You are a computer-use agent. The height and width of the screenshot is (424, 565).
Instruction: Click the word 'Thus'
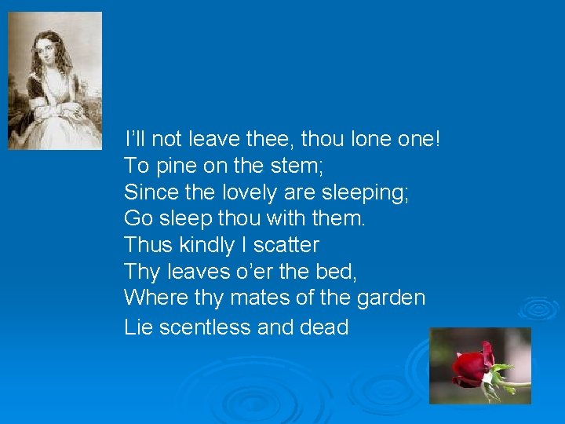[148, 245]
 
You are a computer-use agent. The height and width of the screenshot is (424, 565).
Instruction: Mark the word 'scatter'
[286, 245]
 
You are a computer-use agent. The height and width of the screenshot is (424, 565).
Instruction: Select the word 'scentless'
[205, 327]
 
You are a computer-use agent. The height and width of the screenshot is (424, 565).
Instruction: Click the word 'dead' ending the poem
[324, 327]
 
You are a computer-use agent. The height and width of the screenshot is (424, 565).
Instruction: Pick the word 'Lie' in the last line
[138, 327]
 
